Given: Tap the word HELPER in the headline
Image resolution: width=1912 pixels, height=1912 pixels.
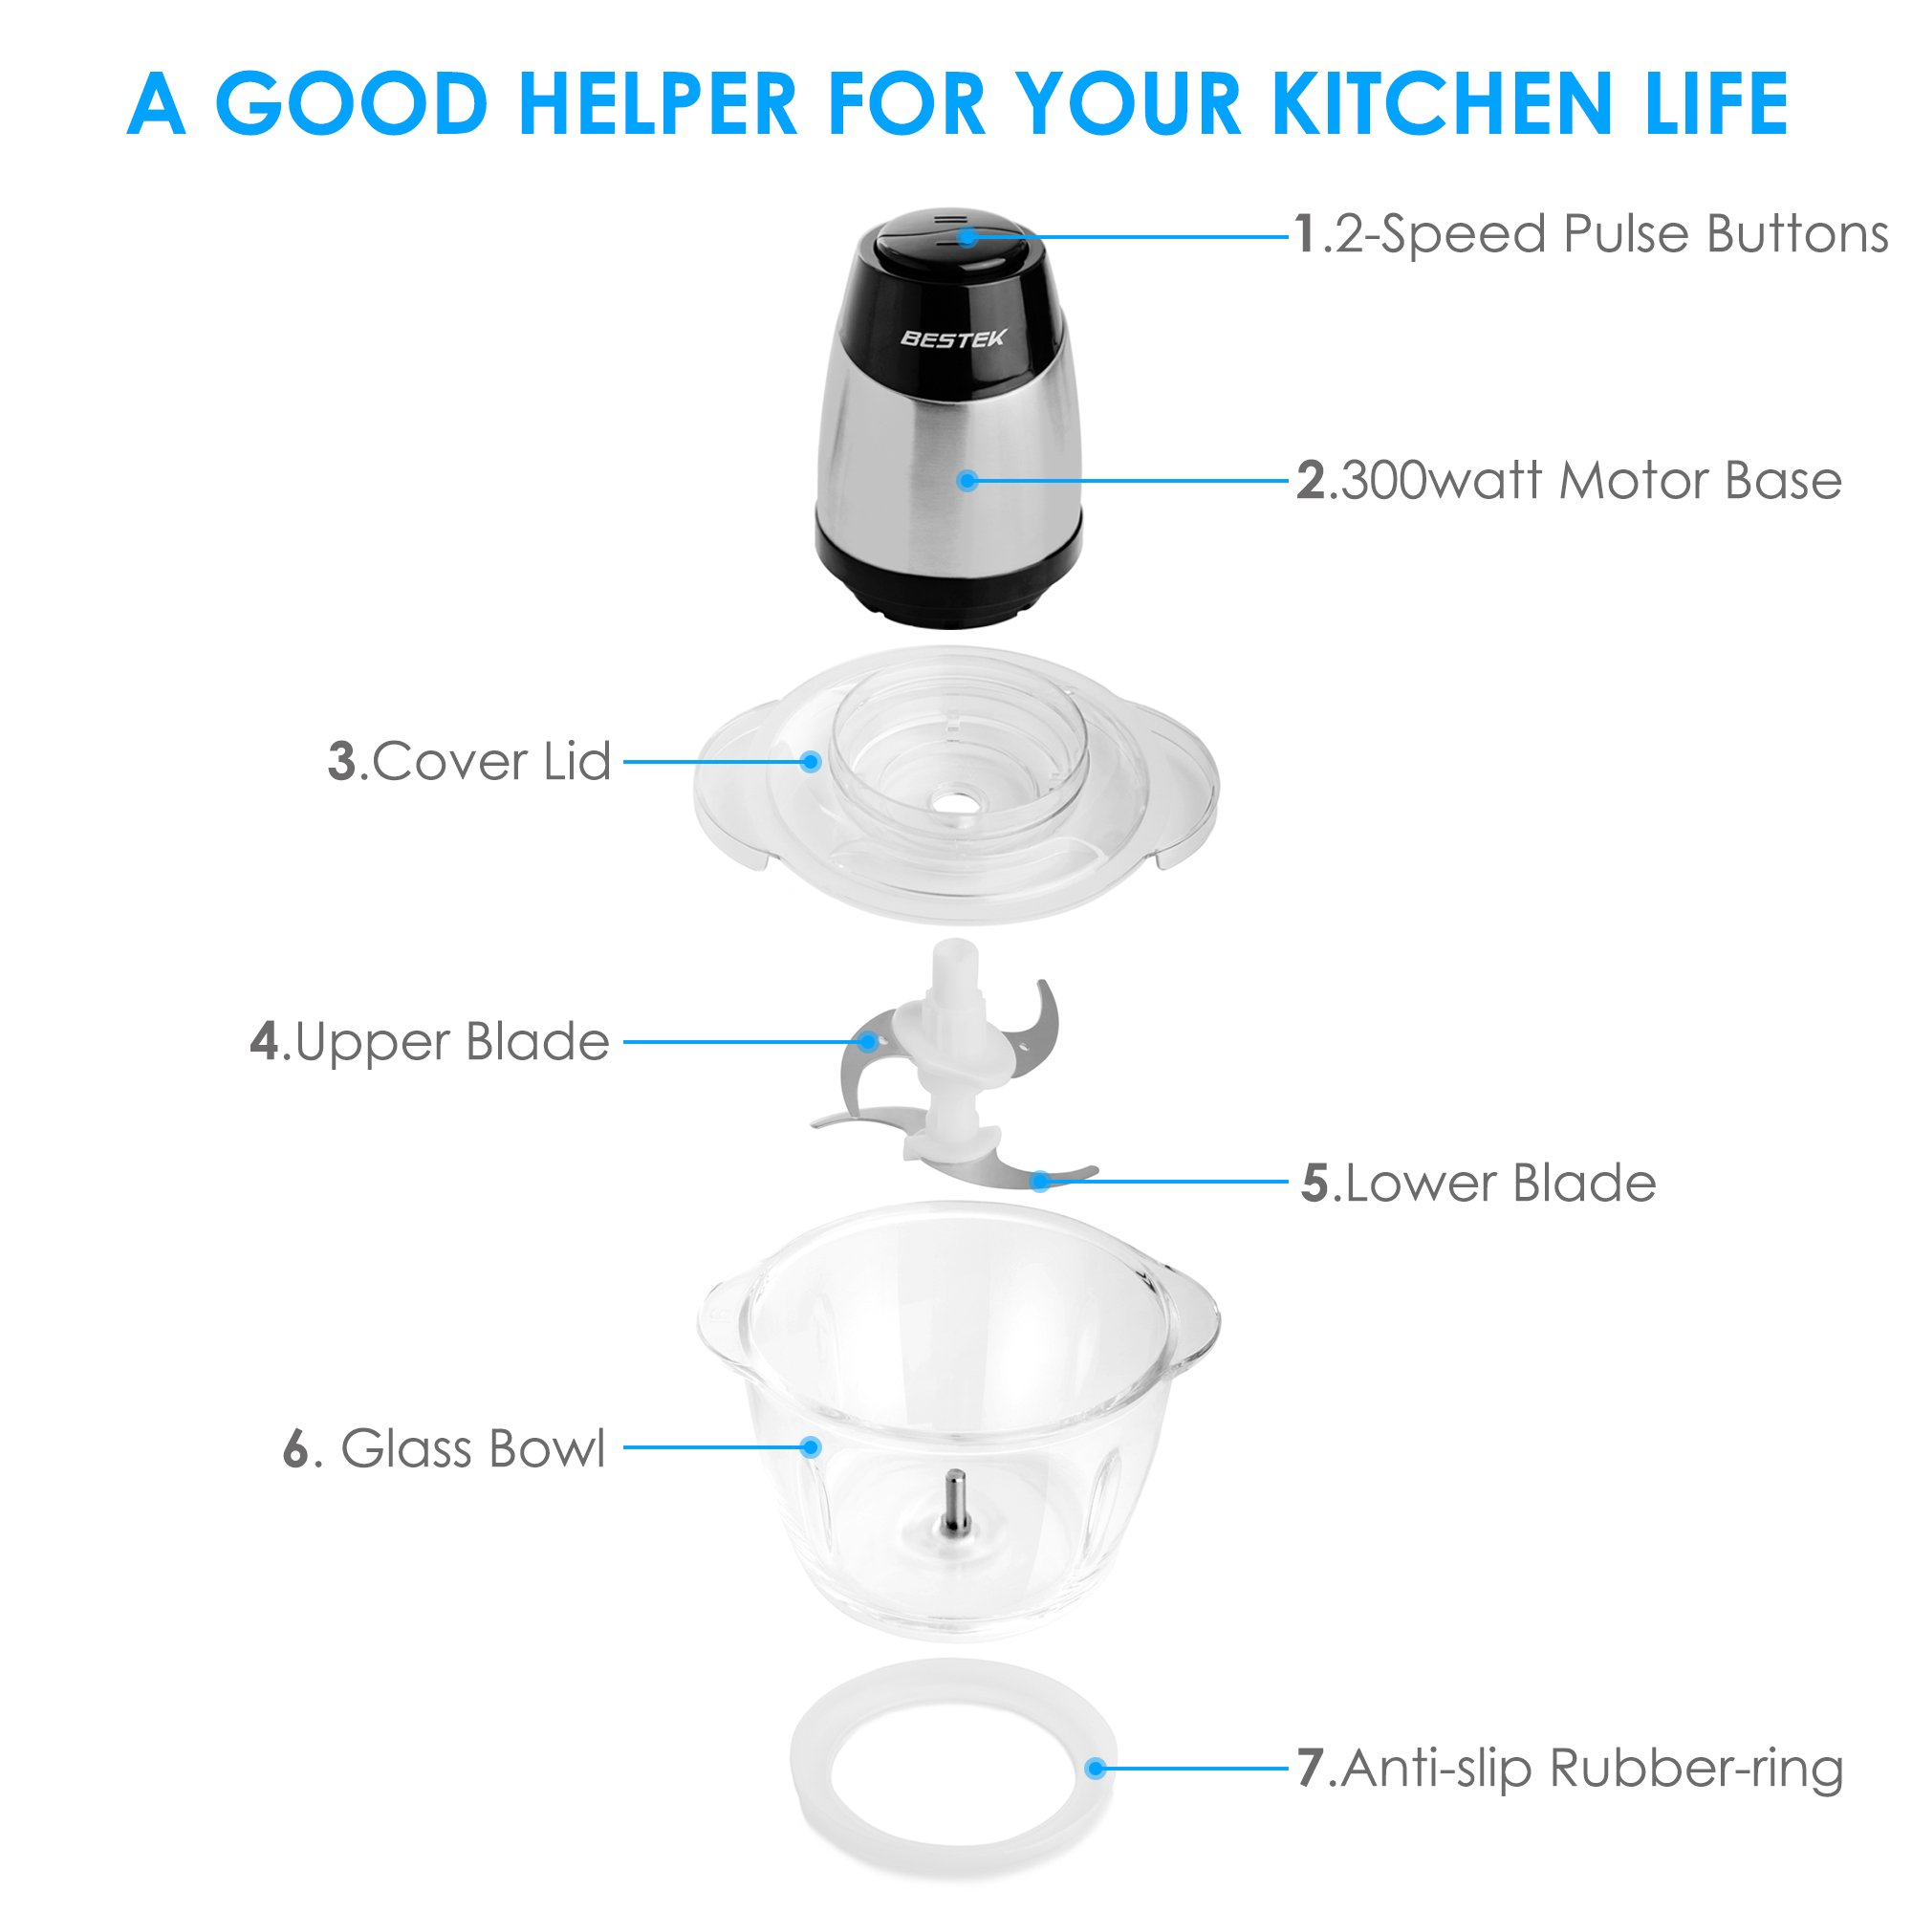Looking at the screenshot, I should [x=658, y=104].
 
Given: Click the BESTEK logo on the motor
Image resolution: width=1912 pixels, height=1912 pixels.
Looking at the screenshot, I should [x=952, y=338].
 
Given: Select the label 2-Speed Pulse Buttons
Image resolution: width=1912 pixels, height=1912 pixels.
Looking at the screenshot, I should [x=1592, y=235].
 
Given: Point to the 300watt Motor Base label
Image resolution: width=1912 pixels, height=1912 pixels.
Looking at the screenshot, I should [x=1570, y=481].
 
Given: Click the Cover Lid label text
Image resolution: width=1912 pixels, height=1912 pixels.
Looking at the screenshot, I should [x=470, y=762].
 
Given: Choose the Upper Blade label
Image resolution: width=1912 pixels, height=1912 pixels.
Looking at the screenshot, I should [x=429, y=1042].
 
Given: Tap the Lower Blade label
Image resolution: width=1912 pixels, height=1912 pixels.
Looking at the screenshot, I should [x=1479, y=1183].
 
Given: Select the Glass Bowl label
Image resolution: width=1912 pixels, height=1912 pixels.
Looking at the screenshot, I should [x=445, y=1449].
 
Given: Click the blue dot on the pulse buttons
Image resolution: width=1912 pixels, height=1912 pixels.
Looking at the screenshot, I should [x=967, y=237].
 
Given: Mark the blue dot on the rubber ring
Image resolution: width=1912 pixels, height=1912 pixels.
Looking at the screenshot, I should [x=1095, y=1769].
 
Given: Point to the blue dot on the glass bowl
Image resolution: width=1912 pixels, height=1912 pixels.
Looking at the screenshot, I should [x=812, y=1447].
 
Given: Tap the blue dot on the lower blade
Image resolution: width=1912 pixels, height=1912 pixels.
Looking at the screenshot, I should [x=1040, y=1182].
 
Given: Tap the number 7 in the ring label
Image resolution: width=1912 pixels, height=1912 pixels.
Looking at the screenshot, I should [x=1311, y=1769].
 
